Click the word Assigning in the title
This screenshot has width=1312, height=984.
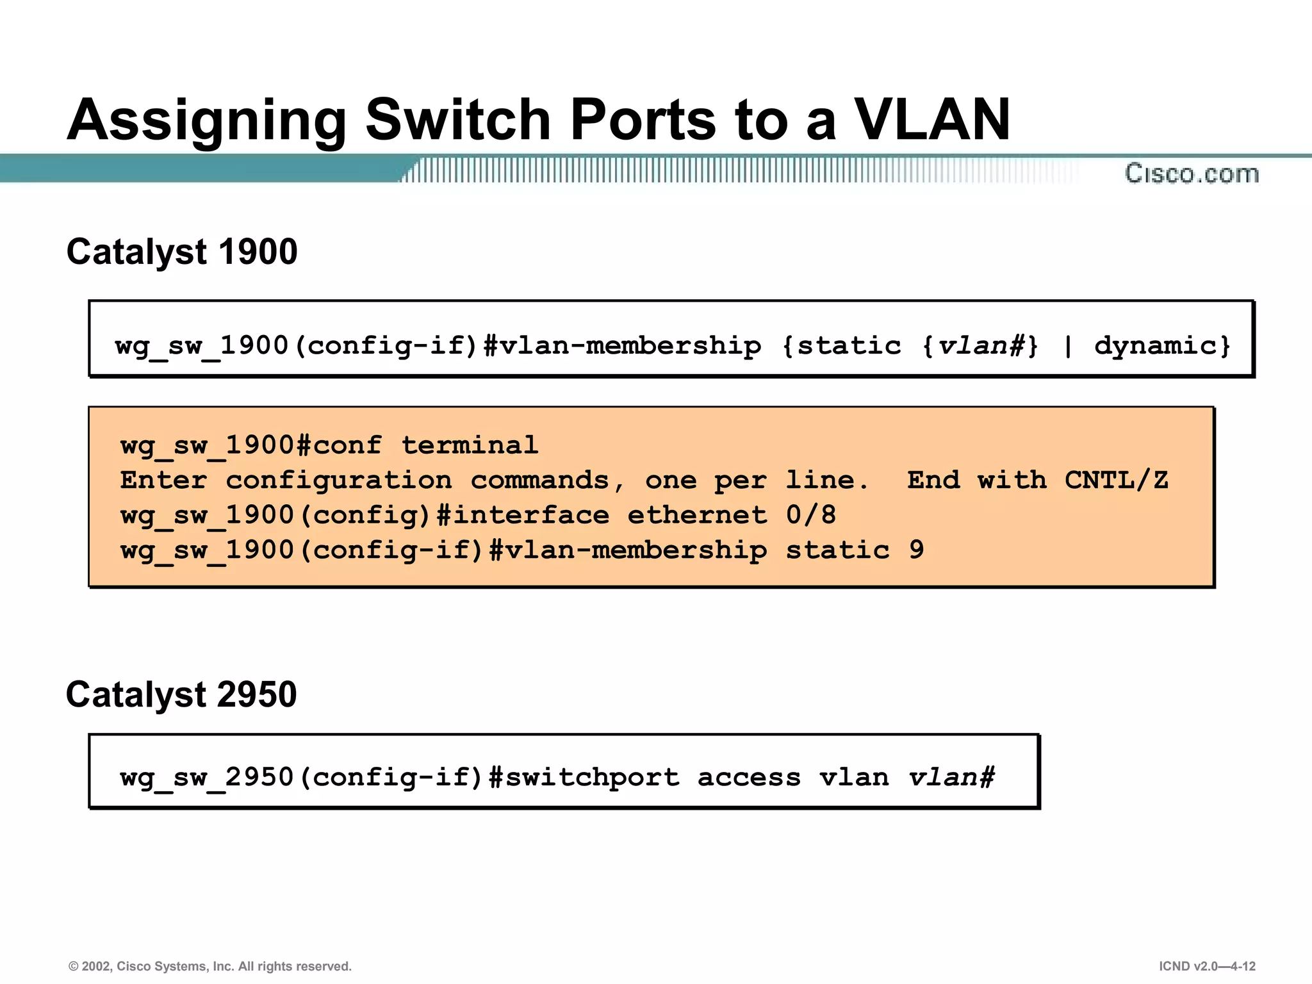206,120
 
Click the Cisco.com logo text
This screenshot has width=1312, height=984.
1192,174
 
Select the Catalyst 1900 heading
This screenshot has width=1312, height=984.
182,251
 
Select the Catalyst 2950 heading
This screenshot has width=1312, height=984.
181,694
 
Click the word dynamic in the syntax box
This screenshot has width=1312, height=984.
1161,346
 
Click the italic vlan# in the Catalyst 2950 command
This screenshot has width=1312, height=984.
951,777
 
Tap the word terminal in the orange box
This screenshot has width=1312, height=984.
470,445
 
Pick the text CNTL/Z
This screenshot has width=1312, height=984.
1116,480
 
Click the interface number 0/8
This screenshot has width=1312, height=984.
810,515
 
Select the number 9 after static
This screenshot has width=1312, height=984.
917,550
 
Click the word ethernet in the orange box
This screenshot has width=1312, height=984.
696,515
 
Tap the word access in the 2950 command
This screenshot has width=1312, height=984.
749,777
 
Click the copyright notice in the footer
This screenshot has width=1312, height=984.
210,966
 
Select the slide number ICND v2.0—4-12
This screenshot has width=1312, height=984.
1207,966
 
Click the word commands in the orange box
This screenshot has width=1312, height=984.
539,480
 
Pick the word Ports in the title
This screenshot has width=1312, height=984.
643,120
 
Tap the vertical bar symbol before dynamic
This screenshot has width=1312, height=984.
1067,346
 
